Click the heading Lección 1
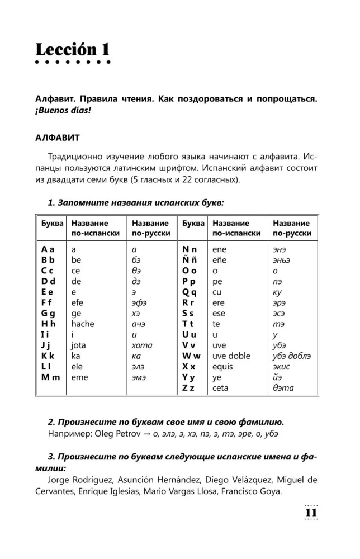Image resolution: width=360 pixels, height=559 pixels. click(x=72, y=50)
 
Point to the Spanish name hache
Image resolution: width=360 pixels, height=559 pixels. click(x=83, y=324)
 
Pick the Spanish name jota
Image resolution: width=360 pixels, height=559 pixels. click(x=79, y=345)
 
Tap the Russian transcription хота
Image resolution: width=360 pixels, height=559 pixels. click(x=141, y=345)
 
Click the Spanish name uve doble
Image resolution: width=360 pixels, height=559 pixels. click(x=231, y=356)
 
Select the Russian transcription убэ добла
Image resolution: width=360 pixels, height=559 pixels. click(x=291, y=356)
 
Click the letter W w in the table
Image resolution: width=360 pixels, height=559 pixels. click(x=192, y=356)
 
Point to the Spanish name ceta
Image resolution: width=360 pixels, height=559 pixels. click(x=221, y=387)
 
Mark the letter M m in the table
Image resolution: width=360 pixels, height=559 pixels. click(x=50, y=377)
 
